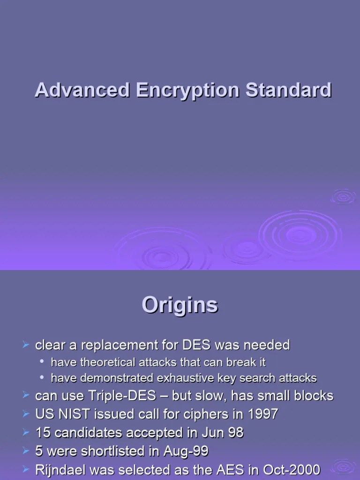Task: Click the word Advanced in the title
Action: click(82, 90)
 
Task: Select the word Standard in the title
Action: click(289, 90)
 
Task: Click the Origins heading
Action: click(180, 306)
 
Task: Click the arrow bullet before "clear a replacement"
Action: click(26, 345)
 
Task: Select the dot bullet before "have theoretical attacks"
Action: click(43, 362)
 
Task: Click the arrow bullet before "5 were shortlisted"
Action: click(26, 450)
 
